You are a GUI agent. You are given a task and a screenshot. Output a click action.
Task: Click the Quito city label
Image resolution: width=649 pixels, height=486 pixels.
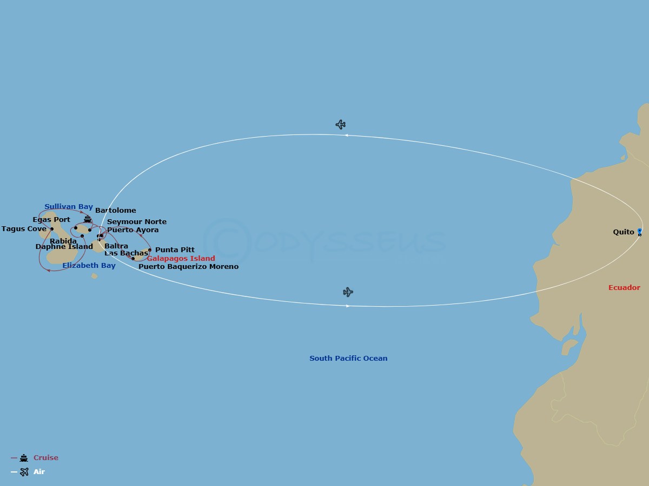tap(624, 232)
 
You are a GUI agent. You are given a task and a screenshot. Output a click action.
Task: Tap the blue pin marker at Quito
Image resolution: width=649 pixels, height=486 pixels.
tap(639, 231)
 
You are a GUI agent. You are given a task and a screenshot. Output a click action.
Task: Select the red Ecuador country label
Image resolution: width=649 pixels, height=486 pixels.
tap(624, 288)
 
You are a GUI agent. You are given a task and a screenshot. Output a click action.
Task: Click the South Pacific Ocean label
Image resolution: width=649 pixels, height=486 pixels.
tap(348, 359)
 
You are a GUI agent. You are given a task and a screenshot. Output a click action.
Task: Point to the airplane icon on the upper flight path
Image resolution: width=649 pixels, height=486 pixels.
tap(340, 125)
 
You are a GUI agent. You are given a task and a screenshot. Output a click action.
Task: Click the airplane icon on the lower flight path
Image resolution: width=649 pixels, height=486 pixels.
tap(348, 292)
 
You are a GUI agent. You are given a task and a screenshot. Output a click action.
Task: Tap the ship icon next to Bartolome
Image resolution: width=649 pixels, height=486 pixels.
tap(88, 219)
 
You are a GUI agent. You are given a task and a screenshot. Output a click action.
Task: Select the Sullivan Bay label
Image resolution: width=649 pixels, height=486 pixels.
tap(69, 207)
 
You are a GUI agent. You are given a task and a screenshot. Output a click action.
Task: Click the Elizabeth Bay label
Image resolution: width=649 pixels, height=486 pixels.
tap(89, 266)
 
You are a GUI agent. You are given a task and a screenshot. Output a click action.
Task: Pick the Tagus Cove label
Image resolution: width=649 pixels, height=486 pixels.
tap(24, 229)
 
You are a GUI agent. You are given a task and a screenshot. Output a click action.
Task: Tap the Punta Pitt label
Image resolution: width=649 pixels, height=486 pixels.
tap(175, 250)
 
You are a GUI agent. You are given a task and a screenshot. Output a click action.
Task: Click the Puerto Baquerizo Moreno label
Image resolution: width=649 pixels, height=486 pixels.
tap(188, 267)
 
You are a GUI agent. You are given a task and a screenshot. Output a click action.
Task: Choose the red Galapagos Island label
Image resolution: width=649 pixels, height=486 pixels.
tap(181, 259)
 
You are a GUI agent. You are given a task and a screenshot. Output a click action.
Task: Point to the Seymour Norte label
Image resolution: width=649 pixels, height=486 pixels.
tap(137, 222)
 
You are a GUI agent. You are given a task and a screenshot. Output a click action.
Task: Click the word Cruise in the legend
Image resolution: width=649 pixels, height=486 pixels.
tap(46, 458)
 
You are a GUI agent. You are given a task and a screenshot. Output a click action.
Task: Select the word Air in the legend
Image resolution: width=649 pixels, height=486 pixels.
tap(39, 472)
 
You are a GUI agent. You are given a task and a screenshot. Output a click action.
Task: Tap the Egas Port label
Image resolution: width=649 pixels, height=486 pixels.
tap(51, 220)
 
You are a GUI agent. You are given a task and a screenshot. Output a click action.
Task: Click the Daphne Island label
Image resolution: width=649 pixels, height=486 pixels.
tap(64, 247)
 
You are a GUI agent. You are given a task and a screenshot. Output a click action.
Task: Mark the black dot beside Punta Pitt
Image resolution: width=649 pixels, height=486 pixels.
tap(150, 250)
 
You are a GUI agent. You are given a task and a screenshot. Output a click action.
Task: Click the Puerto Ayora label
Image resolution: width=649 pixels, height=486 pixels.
tap(133, 230)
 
